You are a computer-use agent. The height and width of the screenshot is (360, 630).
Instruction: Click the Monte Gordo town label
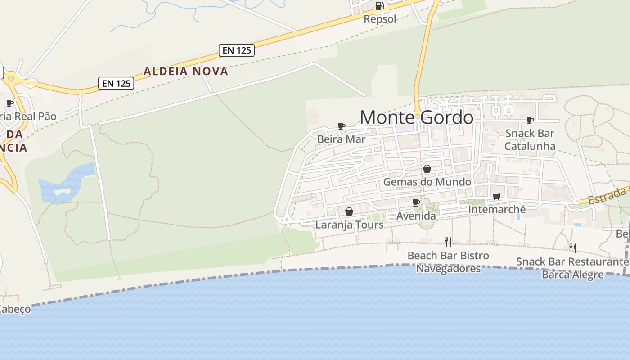click(x=416, y=117)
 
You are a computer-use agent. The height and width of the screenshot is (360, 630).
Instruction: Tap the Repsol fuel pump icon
click(x=379, y=6)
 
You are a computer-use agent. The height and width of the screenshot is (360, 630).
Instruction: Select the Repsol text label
click(x=380, y=19)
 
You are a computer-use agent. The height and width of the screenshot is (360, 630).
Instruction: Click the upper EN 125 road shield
click(x=237, y=50)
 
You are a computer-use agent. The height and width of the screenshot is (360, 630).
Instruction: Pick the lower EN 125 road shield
click(x=116, y=83)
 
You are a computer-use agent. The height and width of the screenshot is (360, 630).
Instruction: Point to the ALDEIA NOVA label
click(x=186, y=71)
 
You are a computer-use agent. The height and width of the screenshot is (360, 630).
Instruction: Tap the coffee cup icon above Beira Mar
click(x=341, y=126)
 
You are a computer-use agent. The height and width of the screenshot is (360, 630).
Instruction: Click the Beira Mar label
click(x=341, y=139)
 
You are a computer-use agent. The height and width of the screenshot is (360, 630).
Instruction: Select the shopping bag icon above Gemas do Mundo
click(x=427, y=169)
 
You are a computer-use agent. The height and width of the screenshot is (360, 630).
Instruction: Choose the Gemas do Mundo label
click(x=427, y=182)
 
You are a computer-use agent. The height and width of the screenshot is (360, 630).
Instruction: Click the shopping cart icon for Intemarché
click(x=497, y=196)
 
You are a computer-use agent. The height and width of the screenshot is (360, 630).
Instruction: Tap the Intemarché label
click(x=497, y=209)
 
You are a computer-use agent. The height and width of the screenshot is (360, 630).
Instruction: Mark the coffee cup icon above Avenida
click(x=416, y=202)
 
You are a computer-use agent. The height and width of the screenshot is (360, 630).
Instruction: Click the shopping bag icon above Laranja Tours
click(x=349, y=211)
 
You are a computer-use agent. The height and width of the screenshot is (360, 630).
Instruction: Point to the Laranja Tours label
click(x=349, y=224)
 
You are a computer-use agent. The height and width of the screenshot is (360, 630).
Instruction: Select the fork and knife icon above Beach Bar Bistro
click(x=448, y=242)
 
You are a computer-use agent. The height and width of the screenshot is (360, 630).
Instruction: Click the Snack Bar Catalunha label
click(x=530, y=139)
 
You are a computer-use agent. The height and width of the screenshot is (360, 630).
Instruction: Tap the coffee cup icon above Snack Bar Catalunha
click(x=530, y=120)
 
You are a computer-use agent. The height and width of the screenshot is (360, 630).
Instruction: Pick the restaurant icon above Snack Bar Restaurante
click(x=573, y=248)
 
